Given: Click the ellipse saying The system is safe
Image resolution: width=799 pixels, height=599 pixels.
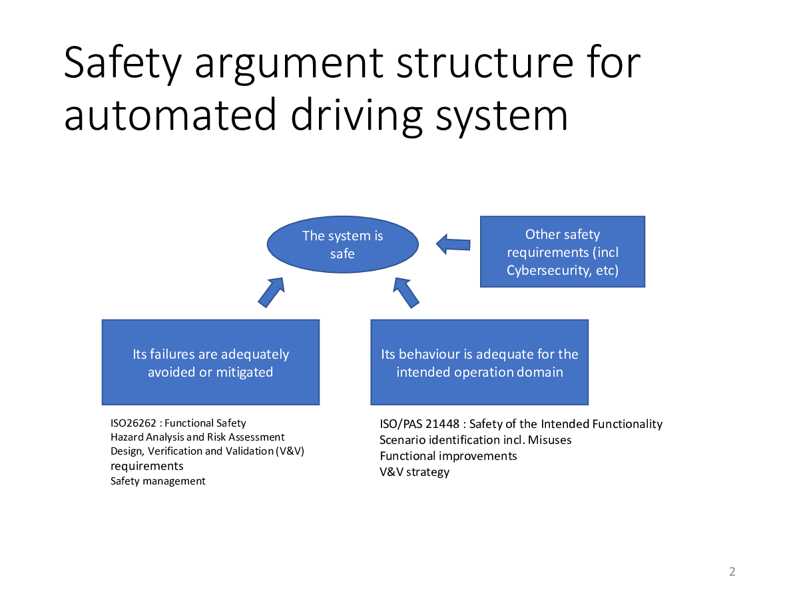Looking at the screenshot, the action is (342, 244).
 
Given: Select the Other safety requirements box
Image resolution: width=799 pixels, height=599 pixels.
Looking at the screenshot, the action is (563, 252).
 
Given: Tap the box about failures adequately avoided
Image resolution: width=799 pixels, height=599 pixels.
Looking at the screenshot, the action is (211, 362).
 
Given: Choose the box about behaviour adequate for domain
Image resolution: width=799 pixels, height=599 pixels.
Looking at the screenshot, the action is (479, 362).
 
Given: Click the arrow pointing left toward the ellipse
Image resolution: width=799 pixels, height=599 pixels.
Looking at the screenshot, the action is (453, 244).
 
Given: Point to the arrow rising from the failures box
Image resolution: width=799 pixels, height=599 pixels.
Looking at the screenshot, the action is (271, 292).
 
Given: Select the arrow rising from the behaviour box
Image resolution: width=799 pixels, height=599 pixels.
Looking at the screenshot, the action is (406, 293).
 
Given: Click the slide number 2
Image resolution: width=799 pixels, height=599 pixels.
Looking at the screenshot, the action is (732, 571).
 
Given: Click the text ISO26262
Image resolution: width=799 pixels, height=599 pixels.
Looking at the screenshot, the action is (133, 423).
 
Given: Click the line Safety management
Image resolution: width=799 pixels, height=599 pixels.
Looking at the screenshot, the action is (158, 481).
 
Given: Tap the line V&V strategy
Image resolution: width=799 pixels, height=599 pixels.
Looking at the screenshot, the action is (415, 472).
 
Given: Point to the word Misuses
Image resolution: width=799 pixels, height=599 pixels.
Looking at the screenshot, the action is (550, 440).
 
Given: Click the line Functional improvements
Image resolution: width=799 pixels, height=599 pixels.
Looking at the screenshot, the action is (449, 456).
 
